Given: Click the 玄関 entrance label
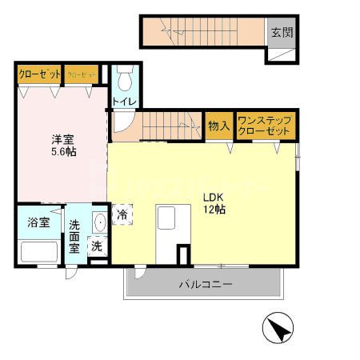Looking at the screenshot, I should point(280,33).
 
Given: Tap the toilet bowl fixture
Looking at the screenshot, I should point(124,80).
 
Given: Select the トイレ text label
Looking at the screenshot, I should point(124,102).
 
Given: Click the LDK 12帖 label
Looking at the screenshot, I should point(214,202).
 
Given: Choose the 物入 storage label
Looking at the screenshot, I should point(219,126).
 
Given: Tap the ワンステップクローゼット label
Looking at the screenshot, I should point(266,126).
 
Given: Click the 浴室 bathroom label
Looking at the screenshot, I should point(38,222).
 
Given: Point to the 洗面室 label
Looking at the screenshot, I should point(74,236).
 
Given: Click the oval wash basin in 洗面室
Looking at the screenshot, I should point(98,223).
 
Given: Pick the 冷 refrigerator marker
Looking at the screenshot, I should point(123,214).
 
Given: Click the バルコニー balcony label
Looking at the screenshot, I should point(204,284).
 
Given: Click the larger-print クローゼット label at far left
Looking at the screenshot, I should point(38,74).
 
